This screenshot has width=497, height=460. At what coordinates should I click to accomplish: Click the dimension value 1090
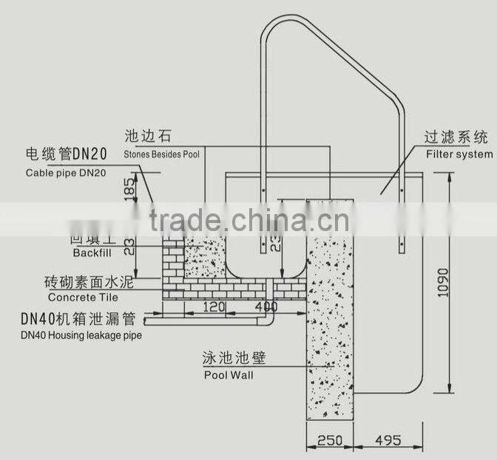442,281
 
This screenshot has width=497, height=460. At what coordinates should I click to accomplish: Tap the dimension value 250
329,440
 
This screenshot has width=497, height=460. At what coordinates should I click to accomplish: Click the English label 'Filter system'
459,154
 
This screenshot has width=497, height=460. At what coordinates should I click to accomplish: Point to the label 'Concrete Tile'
82,298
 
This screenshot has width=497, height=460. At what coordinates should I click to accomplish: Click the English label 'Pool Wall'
228,375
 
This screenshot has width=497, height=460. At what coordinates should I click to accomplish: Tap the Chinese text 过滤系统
455,138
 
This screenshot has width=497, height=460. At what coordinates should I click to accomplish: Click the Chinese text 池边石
149,137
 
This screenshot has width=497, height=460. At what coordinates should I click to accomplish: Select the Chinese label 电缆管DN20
67,154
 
